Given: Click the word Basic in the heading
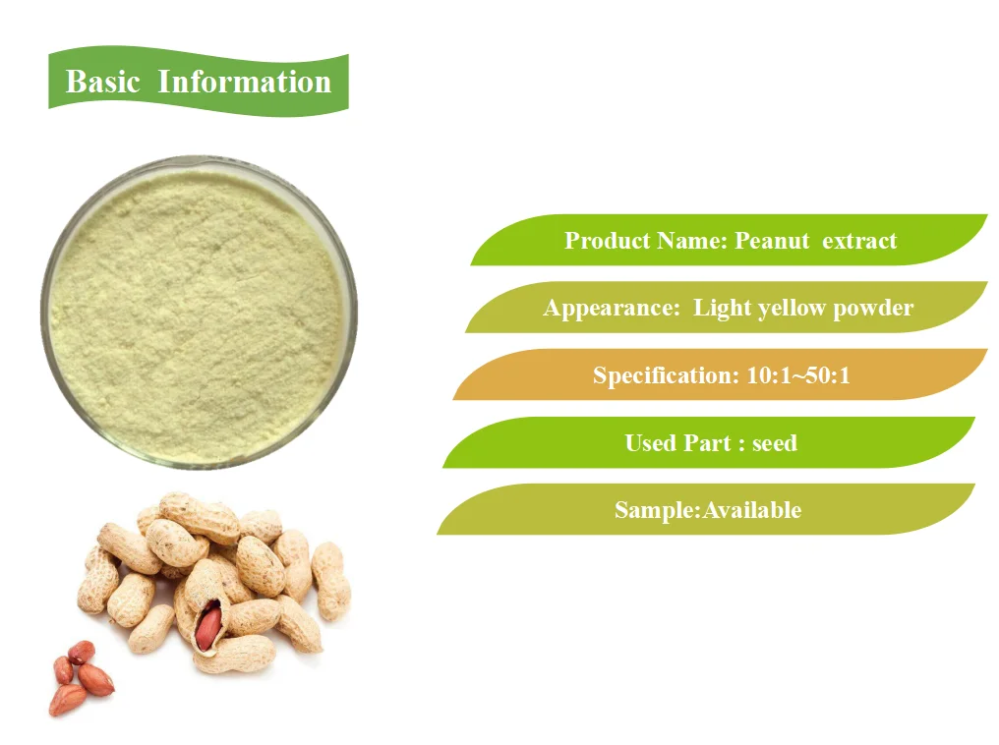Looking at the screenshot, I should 103,82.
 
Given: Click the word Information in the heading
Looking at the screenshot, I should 245,82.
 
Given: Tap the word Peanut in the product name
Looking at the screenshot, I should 773,241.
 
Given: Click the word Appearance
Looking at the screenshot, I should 611,308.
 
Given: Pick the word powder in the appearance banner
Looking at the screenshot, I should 873,308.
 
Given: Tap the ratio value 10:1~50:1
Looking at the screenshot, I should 793,374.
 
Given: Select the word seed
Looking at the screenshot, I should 774,442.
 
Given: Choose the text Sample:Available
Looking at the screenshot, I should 707,509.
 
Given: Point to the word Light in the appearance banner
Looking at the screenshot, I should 722,308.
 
